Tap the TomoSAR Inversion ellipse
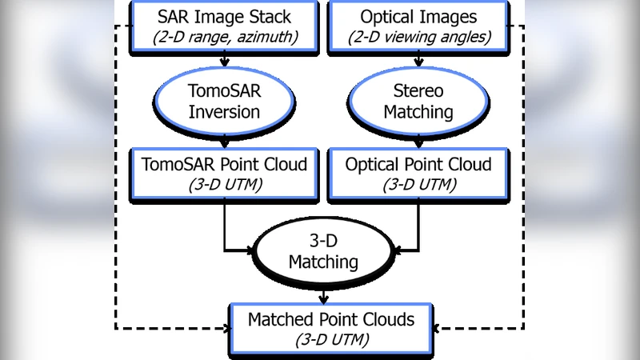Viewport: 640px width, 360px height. point(224,101)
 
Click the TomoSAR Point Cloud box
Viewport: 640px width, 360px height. point(224,174)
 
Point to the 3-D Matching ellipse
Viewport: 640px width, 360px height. point(322,252)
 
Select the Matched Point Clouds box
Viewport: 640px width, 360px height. point(331,329)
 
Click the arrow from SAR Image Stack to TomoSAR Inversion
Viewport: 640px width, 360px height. point(225,58)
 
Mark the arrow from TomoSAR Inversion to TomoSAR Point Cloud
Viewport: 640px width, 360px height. point(225,142)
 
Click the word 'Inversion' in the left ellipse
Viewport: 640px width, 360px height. point(224,112)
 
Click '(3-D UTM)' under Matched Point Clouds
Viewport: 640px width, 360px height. point(331,340)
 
